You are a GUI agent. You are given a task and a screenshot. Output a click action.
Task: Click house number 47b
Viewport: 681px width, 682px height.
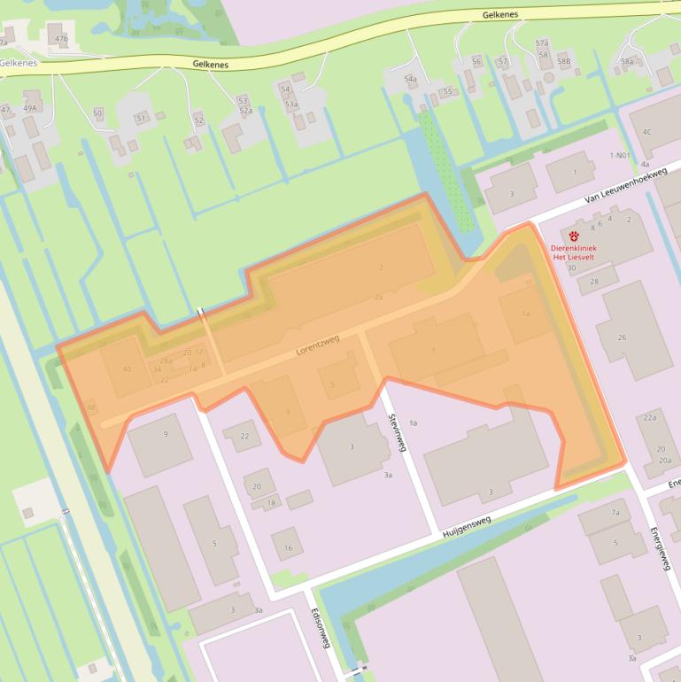tap(61, 39)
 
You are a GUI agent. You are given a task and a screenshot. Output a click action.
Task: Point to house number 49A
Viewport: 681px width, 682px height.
tap(31, 108)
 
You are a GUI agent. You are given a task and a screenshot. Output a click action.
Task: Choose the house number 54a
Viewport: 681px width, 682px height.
tap(410, 79)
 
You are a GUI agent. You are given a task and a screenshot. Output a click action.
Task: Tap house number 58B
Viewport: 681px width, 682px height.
tap(564, 61)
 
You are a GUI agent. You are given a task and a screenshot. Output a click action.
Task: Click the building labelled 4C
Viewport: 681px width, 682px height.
tap(646, 132)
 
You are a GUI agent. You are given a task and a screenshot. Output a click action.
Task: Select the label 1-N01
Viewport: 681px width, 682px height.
tap(620, 155)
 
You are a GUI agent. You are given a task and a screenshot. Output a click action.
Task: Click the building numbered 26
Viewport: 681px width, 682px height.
tap(622, 337)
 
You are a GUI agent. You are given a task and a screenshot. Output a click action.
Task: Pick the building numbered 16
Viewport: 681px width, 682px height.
tap(288, 548)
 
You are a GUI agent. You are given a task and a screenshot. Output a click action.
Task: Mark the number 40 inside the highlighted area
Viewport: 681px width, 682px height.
tap(127, 369)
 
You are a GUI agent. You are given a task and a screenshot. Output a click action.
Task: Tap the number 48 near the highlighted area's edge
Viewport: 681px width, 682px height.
tap(91, 407)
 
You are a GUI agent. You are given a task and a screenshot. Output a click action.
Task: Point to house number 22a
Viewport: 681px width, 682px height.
tap(650, 417)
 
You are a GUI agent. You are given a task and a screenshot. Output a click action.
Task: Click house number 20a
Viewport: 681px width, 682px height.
tap(664, 461)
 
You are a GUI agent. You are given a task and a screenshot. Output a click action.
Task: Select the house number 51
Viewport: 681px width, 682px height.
tap(141, 118)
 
